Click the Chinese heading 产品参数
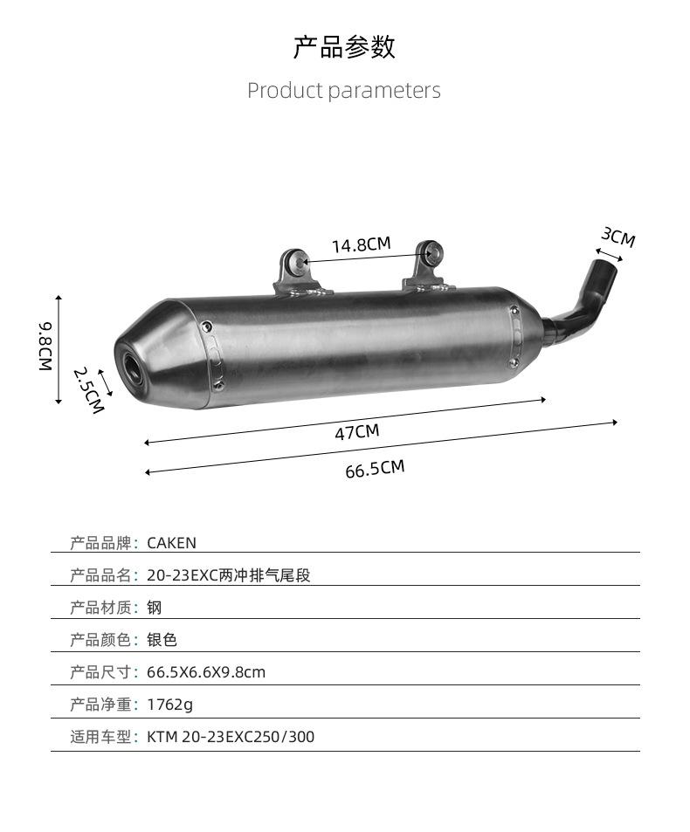pyautogui.click(x=344, y=46)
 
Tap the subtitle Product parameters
pyautogui.click(x=344, y=90)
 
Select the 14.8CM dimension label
pyautogui.click(x=362, y=244)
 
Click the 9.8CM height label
pyautogui.click(x=45, y=346)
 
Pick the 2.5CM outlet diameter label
pyautogui.click(x=88, y=390)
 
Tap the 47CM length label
pyautogui.click(x=357, y=432)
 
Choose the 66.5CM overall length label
pyautogui.click(x=375, y=469)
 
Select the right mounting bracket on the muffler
pyautogui.click(x=428, y=268)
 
